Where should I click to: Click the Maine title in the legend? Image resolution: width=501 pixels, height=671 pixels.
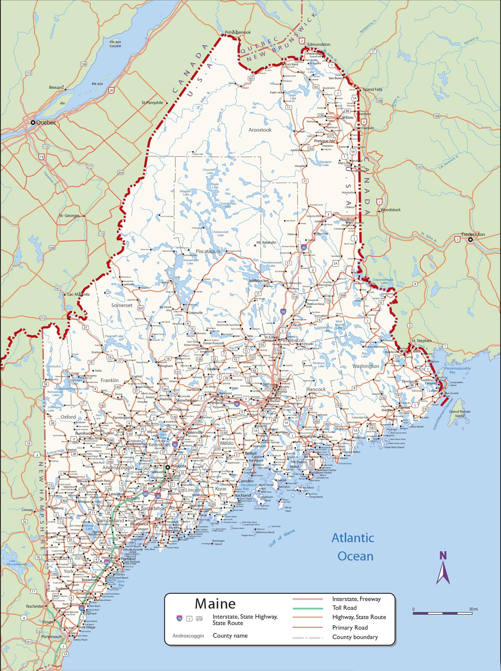pos(215,604)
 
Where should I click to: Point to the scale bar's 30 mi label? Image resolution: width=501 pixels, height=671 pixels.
pos(473,609)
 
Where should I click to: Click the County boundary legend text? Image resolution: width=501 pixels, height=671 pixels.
pos(355,637)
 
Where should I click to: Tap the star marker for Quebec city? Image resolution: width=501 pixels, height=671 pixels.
pos(33,122)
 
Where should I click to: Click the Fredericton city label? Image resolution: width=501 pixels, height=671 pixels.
pos(473,234)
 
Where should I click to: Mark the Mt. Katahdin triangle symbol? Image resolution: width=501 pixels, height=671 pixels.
pos(255,245)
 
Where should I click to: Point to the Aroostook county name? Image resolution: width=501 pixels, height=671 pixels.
pos(260,130)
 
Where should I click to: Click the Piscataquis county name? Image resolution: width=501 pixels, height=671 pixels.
pos(208,251)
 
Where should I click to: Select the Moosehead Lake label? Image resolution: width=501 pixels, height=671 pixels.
pos(191,261)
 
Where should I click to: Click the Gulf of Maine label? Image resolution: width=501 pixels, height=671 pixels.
pos(282,538)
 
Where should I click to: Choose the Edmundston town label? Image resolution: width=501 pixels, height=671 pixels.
pos(319,44)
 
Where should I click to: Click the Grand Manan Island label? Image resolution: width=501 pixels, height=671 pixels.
pos(459,413)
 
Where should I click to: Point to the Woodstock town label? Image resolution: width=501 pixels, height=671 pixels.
pos(391,210)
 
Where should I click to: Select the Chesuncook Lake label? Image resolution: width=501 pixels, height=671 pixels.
pos(220,233)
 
